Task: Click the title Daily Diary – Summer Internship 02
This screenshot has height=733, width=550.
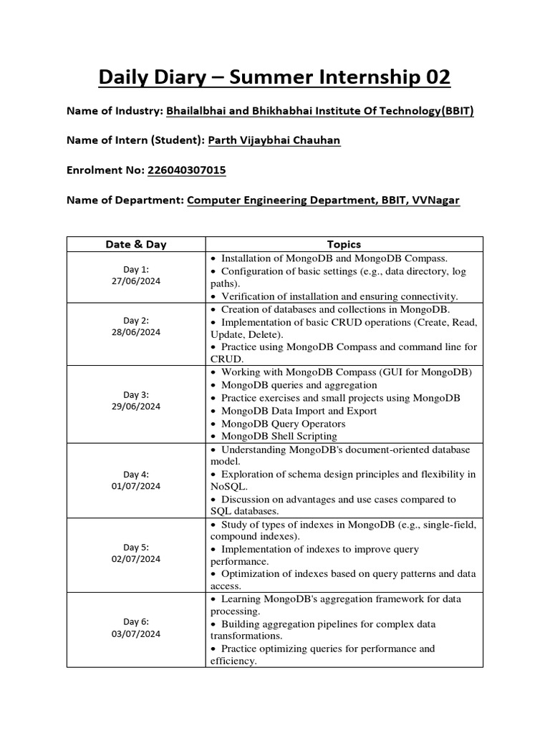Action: [274, 77]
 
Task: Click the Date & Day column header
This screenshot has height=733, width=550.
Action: [135, 244]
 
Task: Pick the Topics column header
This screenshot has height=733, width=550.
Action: [344, 244]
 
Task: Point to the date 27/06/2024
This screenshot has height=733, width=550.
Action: [135, 281]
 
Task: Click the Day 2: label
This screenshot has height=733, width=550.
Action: [135, 320]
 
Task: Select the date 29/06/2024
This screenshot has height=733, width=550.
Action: [135, 406]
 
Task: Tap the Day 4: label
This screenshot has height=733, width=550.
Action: [135, 474]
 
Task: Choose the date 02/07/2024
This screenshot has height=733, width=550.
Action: [135, 559]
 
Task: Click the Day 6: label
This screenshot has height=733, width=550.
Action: [135, 621]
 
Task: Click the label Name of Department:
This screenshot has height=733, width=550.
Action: [125, 200]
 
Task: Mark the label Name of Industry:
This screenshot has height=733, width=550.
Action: [115, 111]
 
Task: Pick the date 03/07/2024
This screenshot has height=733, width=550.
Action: [135, 634]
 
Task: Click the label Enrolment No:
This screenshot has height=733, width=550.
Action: [105, 170]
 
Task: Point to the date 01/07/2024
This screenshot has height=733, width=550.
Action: [135, 486]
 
